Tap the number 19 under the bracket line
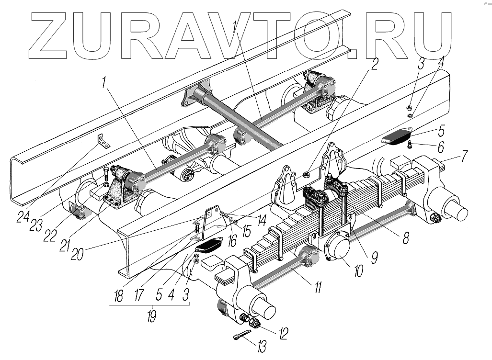[x=152, y=317]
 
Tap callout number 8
[x=406, y=238]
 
